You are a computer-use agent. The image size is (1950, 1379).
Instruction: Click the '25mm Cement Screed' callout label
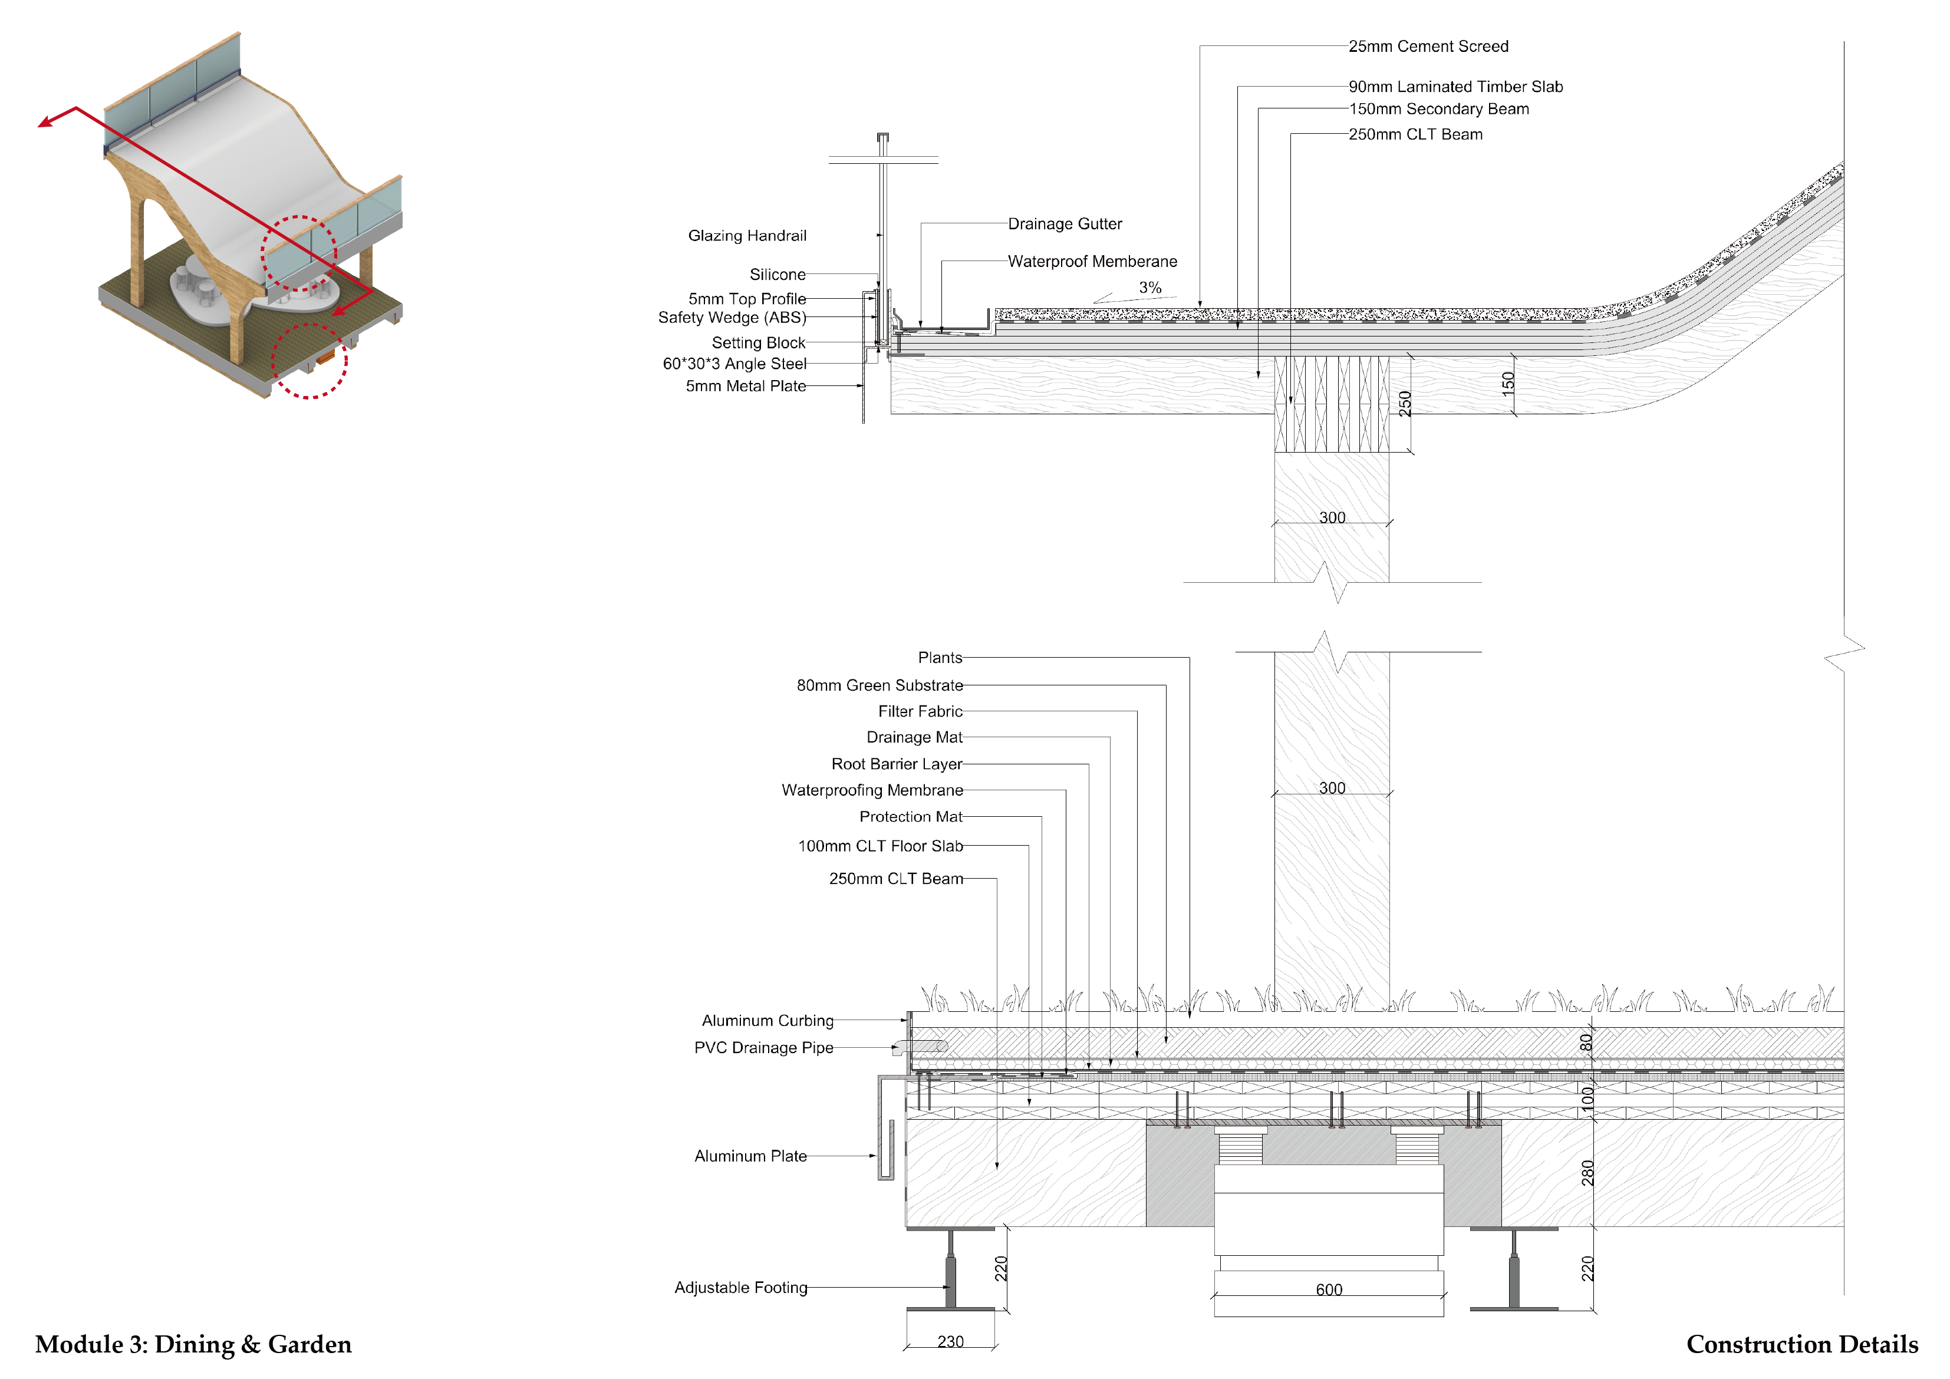point(1428,47)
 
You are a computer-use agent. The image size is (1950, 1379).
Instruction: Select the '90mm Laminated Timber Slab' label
point(1455,87)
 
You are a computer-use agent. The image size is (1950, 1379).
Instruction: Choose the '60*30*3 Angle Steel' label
point(734,364)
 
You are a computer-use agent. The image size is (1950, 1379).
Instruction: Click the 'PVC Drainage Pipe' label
point(763,1048)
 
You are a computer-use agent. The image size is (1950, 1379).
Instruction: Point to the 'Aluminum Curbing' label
point(767,1021)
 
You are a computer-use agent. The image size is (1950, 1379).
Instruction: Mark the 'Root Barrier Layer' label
point(896,764)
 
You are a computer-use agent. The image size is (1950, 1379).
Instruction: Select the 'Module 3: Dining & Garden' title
point(193,1345)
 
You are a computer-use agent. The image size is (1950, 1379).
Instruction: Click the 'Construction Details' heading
point(1801,1345)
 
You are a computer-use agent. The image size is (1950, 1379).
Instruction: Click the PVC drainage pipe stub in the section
point(921,1047)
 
